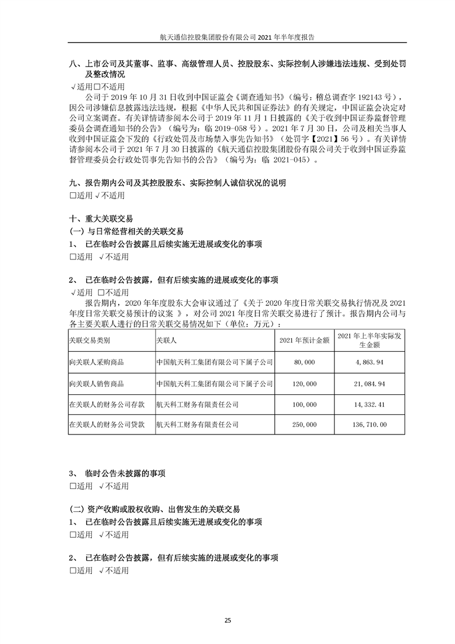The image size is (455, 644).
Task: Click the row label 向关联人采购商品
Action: [96, 363]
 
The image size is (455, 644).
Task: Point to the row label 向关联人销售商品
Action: [96, 383]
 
